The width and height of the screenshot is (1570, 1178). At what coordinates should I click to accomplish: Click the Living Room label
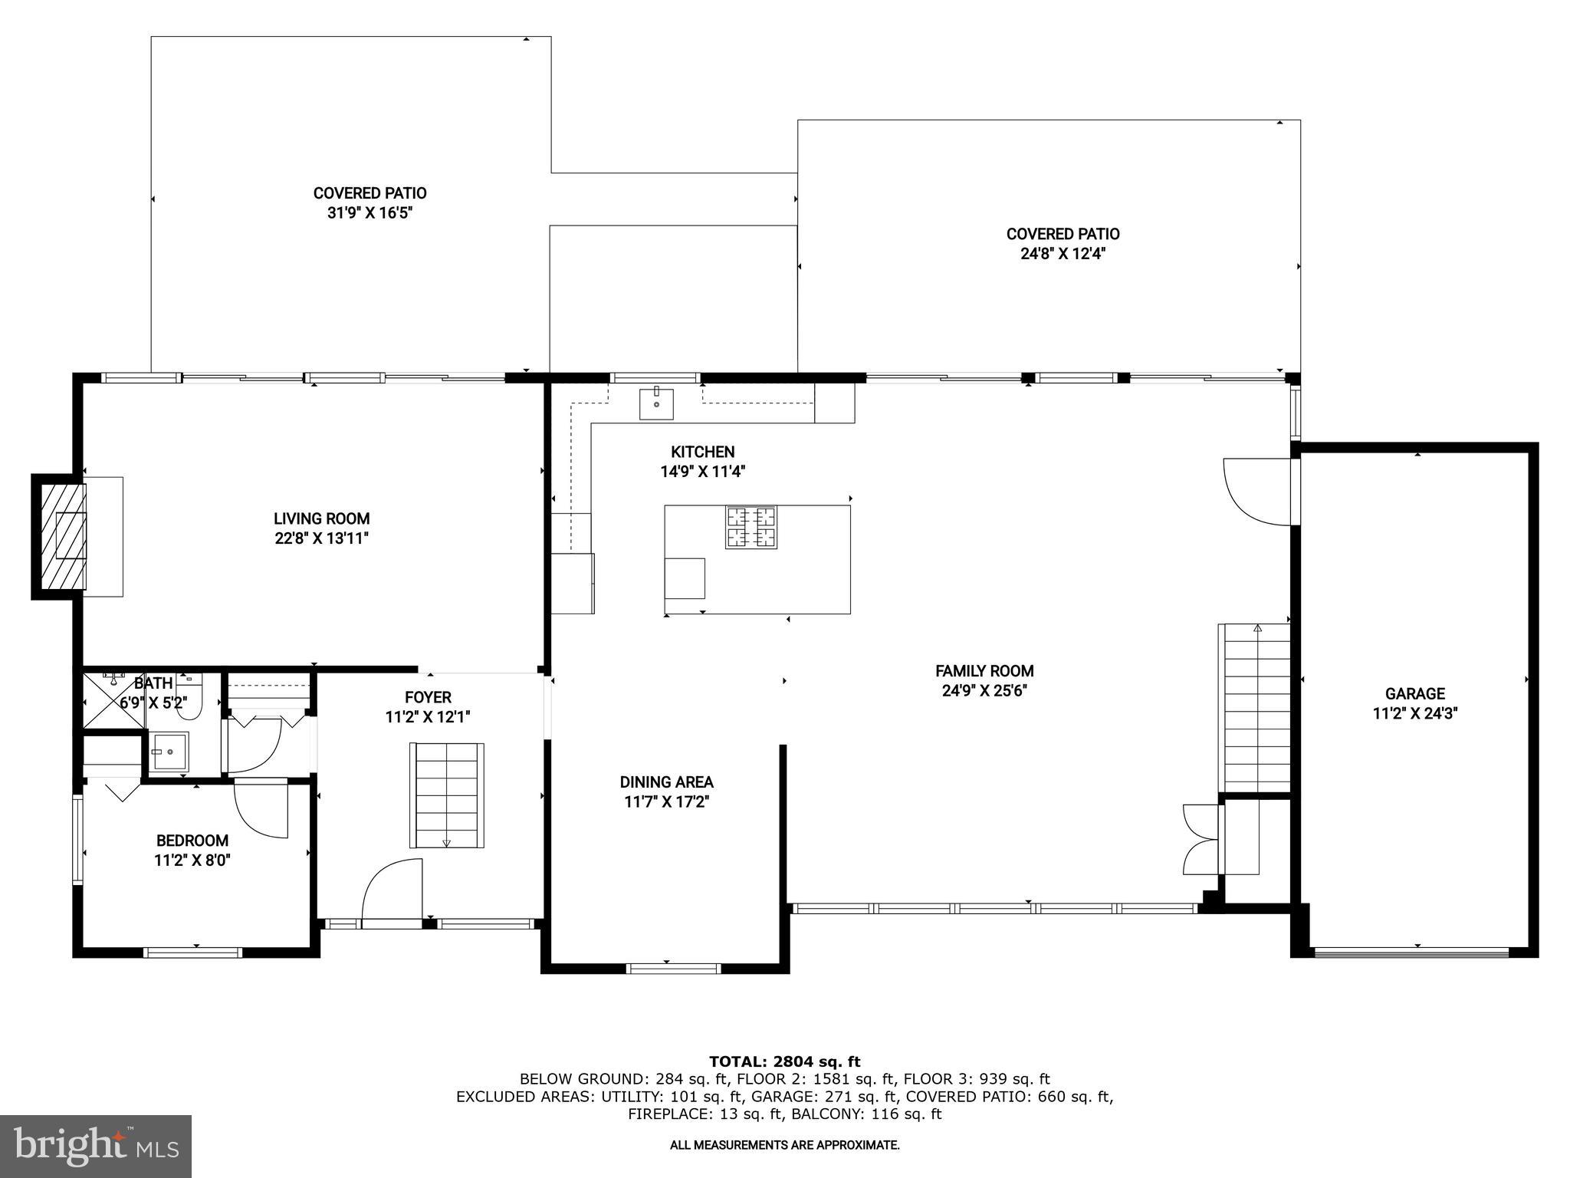pos(321,519)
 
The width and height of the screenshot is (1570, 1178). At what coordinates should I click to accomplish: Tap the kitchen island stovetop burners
pos(751,527)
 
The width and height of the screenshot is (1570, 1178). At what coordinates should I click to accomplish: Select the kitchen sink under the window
pos(656,403)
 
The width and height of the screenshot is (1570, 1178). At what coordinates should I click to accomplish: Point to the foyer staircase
pos(446,795)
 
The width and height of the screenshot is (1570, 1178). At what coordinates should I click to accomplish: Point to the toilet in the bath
pos(189,698)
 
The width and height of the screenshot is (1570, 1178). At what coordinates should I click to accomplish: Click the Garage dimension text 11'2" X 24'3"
pos(1414,713)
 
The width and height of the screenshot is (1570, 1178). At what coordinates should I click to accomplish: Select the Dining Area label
pos(666,782)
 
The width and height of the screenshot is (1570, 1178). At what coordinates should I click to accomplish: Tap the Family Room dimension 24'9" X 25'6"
pos(984,690)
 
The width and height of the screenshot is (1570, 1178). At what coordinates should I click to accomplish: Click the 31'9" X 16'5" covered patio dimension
pos(370,213)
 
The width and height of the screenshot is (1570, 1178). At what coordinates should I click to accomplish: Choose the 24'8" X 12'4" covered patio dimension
pos(1063,254)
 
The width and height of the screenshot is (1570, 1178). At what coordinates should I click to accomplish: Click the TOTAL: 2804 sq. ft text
pos(784,1061)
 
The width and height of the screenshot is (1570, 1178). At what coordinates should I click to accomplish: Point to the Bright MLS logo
pos(96,1146)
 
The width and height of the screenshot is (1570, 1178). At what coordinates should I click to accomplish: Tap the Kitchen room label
pos(702,452)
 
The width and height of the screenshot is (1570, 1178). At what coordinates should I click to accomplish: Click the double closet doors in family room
pos(1200,839)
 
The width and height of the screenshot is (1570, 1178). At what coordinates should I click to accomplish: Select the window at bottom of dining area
pos(674,968)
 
